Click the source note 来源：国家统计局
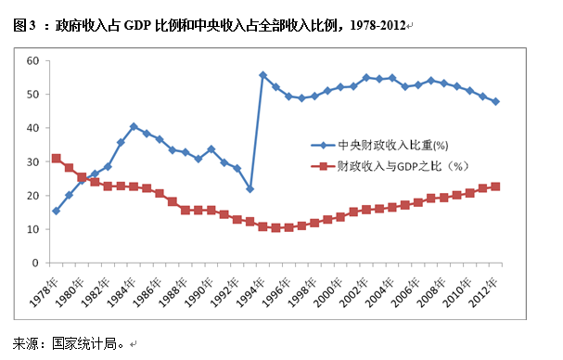pos(70,343)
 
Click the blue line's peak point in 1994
pos(262,74)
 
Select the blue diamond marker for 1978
pos(56,211)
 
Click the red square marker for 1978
pos(56,158)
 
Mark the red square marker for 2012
pos(496,186)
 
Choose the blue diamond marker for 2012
pos(496,101)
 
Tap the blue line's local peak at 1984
pos(134,126)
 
